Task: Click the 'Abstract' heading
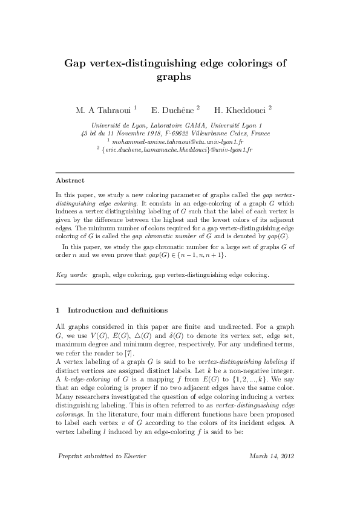[70, 180]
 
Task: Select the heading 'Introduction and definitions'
[118, 310]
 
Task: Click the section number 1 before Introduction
[57, 310]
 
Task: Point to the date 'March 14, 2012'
[270, 472]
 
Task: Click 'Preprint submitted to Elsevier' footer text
[101, 472]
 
